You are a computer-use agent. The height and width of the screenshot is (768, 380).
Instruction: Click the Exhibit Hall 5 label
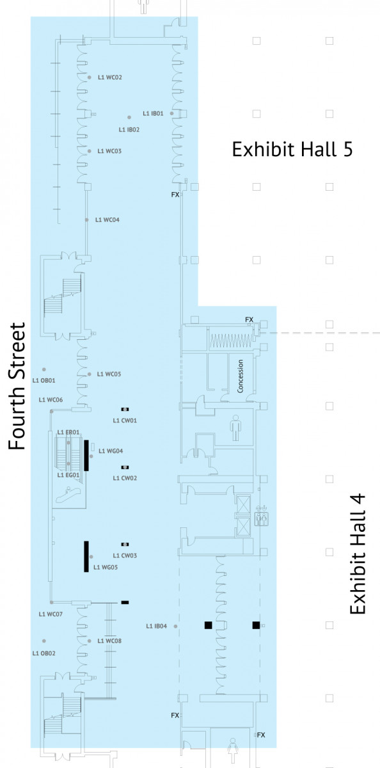pos(292,150)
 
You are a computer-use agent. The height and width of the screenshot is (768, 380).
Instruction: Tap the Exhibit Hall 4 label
pos(358,554)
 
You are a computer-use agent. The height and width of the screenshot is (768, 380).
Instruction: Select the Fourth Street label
pos(17,386)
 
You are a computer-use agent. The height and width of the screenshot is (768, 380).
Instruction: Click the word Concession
pos(240,376)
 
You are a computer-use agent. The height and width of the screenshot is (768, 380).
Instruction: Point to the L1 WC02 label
pos(109,77)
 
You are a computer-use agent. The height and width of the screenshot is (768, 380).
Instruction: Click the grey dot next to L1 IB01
pos(171,113)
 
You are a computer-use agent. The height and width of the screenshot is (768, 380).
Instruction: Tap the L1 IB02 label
pos(129,129)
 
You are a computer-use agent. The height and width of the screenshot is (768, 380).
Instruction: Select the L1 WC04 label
pos(107,220)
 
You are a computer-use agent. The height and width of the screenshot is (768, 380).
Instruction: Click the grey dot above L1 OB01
pos(44,369)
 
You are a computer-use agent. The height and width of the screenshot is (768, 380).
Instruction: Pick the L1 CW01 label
pos(125,420)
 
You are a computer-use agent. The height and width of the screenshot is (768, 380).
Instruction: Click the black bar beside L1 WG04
pos(86,455)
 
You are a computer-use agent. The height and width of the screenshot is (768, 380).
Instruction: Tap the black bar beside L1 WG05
pos(86,556)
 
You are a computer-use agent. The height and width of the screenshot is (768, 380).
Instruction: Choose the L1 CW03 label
pos(125,556)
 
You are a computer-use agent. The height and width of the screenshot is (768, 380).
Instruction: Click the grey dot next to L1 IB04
pos(175,627)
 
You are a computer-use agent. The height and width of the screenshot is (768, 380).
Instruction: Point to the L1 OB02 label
pos(44,653)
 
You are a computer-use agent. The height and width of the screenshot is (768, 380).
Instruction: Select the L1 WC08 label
pos(109,641)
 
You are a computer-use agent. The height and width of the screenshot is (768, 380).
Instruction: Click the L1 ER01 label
pos(68,433)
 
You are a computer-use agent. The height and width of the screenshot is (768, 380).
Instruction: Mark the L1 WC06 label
pos(51,400)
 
